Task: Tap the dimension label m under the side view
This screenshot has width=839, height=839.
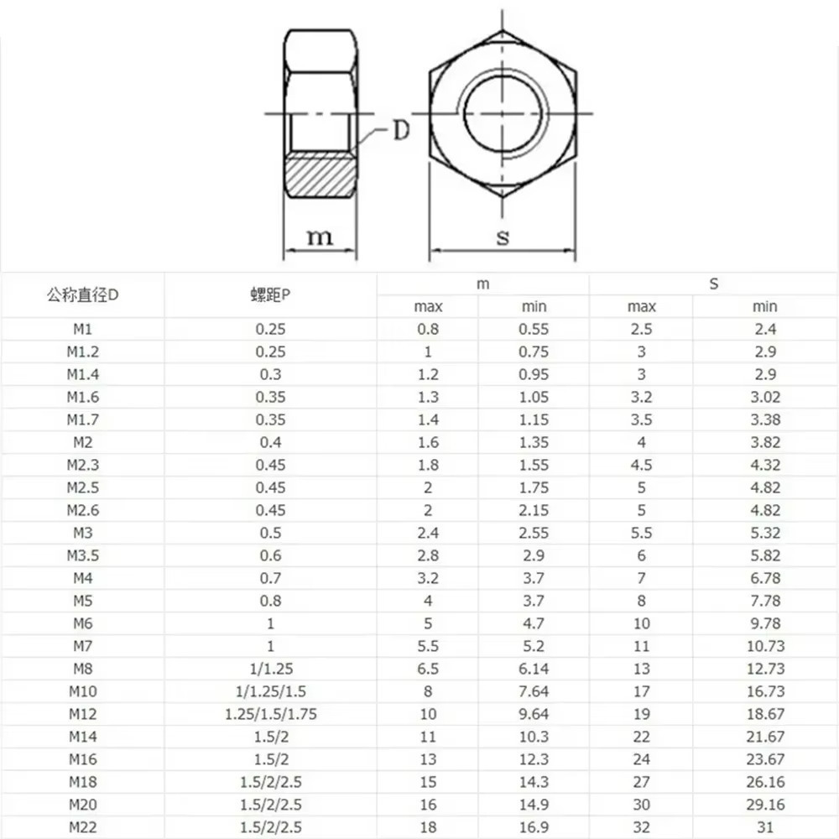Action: click(319, 237)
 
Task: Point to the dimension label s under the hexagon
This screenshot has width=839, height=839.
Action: click(503, 237)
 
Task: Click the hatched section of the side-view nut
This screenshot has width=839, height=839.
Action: click(320, 175)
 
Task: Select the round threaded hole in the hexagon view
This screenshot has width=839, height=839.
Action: click(503, 112)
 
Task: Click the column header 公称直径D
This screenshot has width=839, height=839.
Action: click(82, 295)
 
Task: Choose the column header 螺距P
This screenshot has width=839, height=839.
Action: click(270, 295)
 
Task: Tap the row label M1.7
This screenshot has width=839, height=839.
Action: click(82, 419)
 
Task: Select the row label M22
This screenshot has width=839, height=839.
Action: click(82, 827)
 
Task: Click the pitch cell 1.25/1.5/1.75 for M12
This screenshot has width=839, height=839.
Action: click(270, 714)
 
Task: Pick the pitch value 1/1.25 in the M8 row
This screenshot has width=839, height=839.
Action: click(270, 669)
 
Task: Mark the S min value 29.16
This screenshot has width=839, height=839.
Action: click(764, 805)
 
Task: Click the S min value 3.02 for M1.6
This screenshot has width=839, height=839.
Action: click(764, 397)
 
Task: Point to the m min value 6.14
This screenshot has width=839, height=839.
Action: click(534, 669)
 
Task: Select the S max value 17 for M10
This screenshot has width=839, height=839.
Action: click(641, 691)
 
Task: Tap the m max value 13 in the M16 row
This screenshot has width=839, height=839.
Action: click(428, 759)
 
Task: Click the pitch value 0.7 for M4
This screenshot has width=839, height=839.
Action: click(270, 578)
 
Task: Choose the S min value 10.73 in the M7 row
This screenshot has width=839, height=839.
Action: click(764, 646)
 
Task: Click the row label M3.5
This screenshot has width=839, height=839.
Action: click(82, 555)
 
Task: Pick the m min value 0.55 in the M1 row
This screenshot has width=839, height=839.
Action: click(534, 329)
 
